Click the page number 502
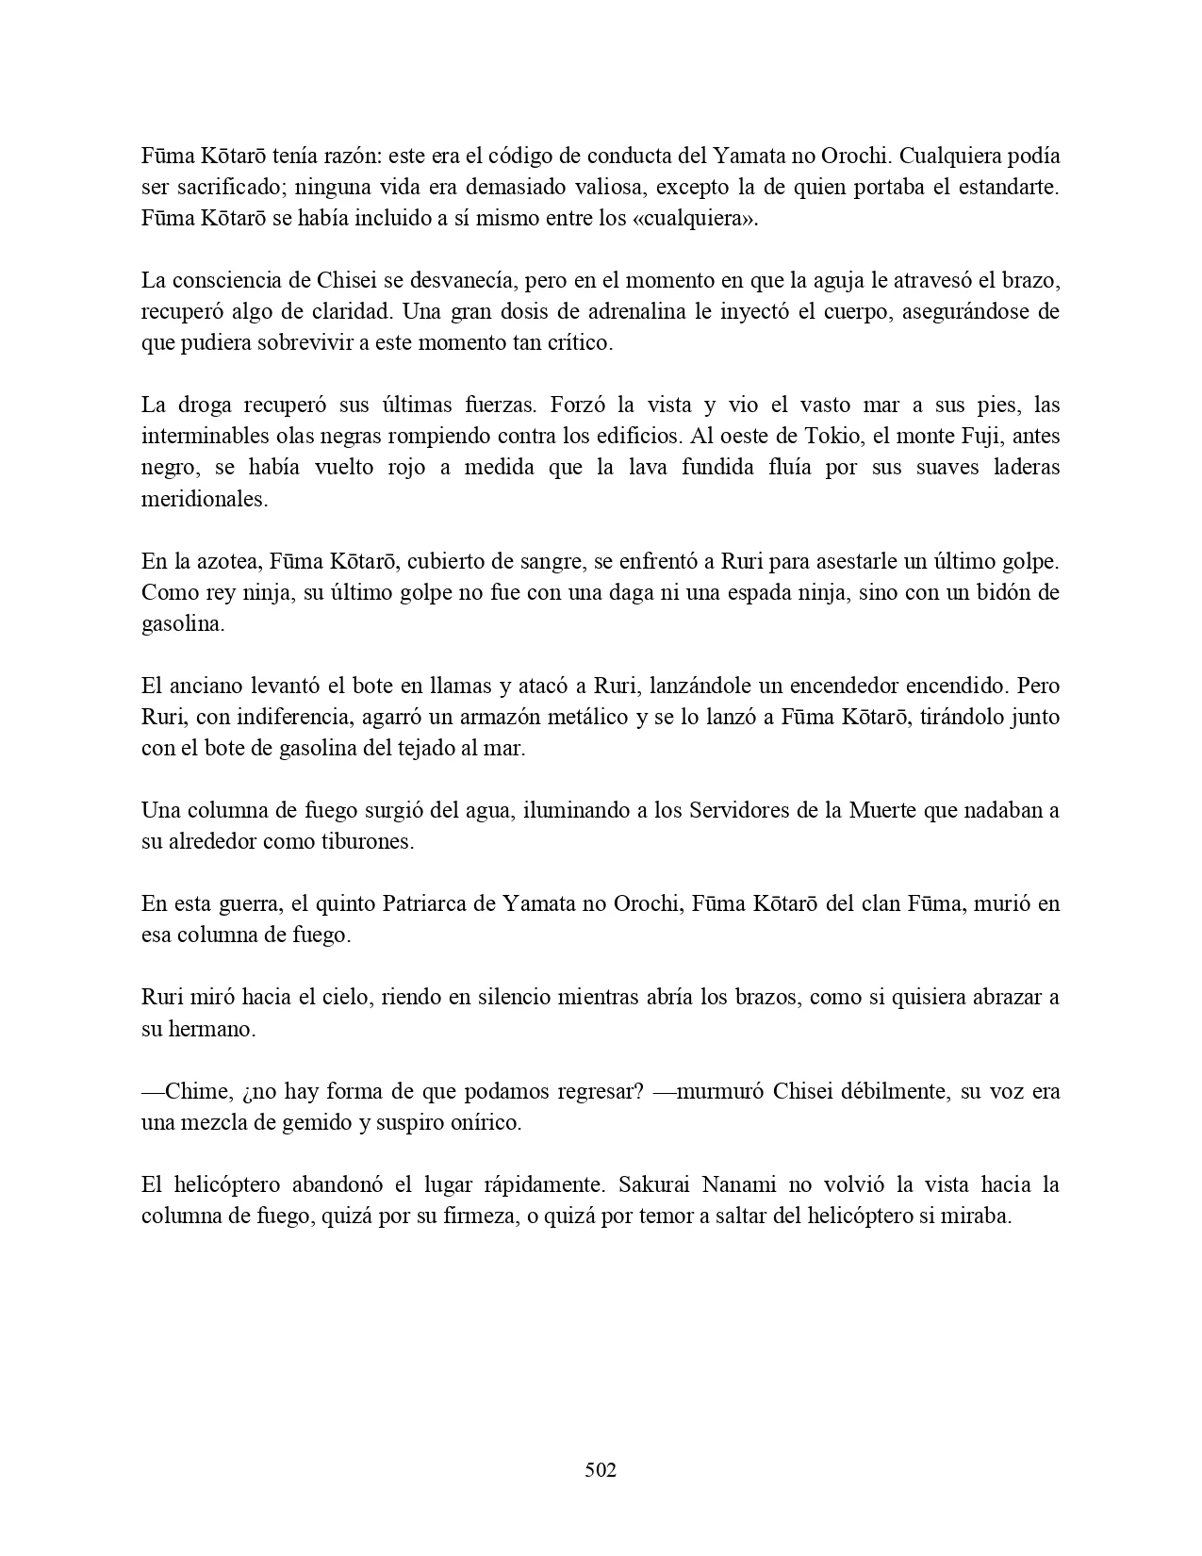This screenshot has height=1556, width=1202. click(x=601, y=1469)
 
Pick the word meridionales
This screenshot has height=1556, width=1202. click(x=205, y=499)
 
